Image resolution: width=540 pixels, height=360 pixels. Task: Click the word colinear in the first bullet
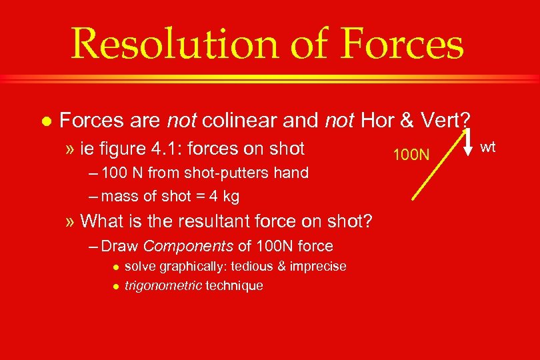pyautogui.click(x=239, y=121)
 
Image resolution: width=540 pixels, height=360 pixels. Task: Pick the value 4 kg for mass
pyautogui.click(x=225, y=196)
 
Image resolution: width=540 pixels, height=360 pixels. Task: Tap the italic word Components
pyautogui.click(x=188, y=246)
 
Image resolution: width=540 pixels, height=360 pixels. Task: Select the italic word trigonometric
pyautogui.click(x=163, y=286)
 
